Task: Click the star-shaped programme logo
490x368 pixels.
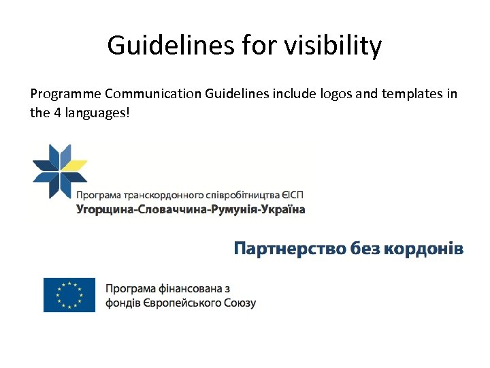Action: (x=60, y=171)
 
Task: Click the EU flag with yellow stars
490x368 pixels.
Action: (x=69, y=294)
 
